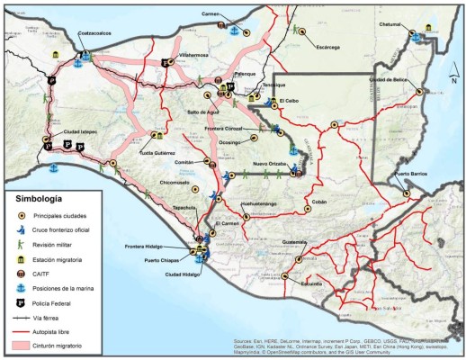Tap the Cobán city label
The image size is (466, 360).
(318, 202)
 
